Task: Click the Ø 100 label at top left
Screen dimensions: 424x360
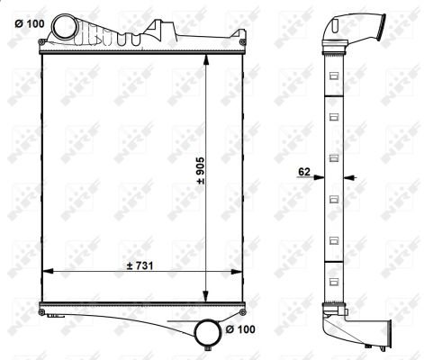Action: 30,23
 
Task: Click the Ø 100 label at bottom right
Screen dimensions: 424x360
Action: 240,329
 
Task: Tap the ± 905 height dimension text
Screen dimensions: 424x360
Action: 200,170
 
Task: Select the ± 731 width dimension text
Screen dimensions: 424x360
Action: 140,265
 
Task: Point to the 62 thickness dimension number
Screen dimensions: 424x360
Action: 304,172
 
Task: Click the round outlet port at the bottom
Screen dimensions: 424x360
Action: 207,332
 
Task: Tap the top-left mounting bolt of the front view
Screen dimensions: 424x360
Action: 42,41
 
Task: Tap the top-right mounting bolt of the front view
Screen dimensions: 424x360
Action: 242,41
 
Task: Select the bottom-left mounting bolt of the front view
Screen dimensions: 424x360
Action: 41,312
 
